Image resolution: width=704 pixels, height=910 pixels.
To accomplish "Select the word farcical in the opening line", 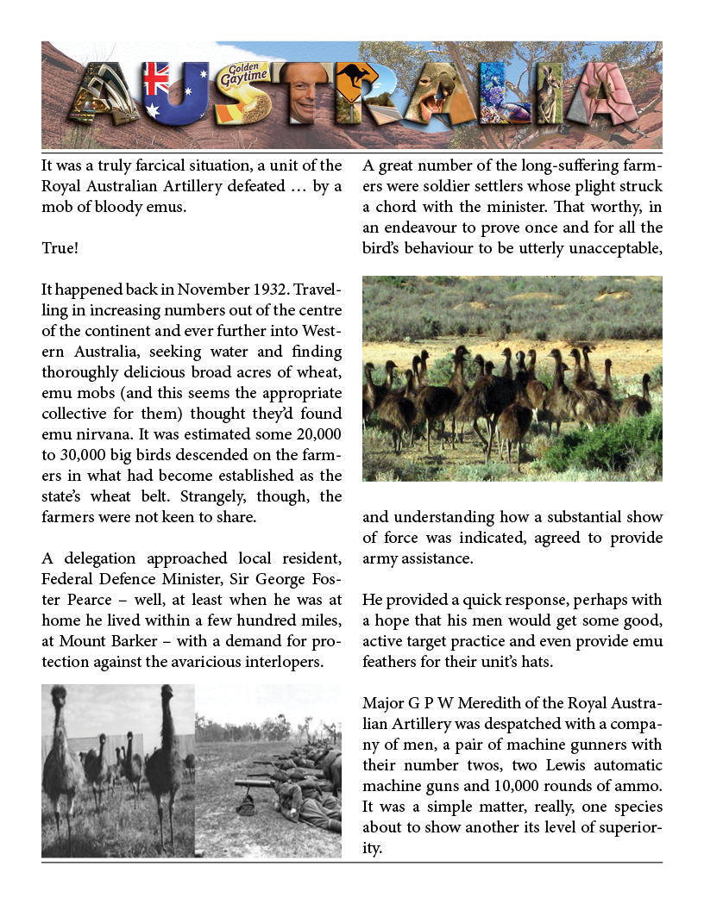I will point(158,165).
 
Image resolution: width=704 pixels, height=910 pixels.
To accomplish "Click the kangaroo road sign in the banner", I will point(355,83).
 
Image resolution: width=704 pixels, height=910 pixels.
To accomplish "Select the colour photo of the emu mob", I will point(512,377).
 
